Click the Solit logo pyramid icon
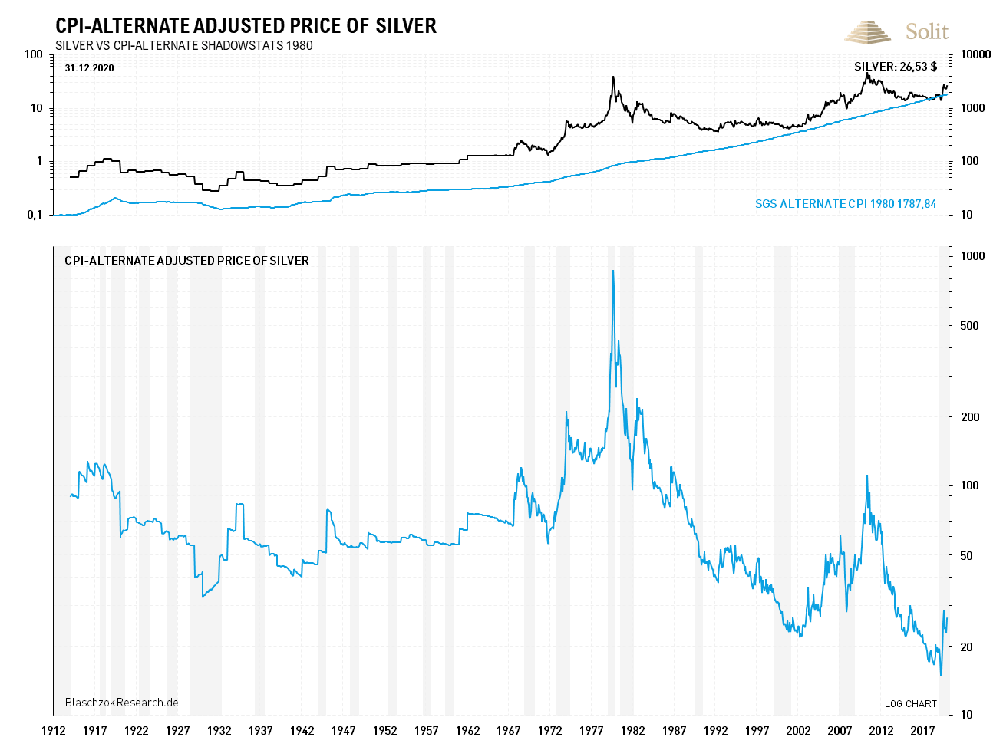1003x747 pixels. point(867,32)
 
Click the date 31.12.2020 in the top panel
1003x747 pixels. point(89,68)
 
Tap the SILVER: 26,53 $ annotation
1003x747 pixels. point(895,67)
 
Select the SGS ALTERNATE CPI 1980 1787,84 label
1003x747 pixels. point(846,204)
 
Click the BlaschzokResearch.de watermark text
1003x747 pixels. point(121,703)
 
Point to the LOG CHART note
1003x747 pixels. point(910,703)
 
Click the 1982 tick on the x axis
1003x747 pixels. point(633,730)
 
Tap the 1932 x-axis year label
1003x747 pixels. point(219,730)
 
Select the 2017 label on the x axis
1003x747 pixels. point(922,730)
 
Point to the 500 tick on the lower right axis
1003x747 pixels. point(970,326)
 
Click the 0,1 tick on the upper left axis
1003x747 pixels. point(35,215)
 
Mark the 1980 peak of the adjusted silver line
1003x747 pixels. point(612,271)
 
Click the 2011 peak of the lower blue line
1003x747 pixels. point(867,476)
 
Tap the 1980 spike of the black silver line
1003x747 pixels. point(613,77)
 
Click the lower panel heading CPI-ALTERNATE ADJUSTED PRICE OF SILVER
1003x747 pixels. point(186,261)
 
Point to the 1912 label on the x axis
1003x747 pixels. point(53,730)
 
